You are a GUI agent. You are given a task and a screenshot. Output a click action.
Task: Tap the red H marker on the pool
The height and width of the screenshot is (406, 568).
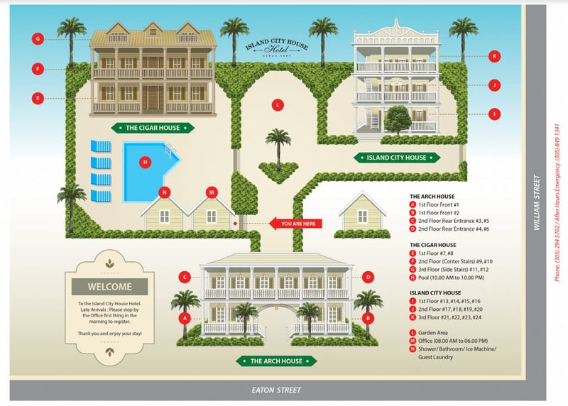[146, 162]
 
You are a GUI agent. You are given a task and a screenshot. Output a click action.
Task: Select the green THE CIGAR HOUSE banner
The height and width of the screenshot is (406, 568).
[153, 128]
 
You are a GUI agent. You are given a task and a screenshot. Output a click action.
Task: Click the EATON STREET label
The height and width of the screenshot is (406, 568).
[278, 390]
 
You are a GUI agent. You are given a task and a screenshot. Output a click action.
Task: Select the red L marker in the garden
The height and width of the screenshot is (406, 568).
[278, 104]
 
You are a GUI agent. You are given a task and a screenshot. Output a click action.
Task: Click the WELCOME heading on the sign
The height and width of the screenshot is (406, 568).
[109, 287]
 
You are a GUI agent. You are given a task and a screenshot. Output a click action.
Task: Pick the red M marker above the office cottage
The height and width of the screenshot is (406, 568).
[211, 192]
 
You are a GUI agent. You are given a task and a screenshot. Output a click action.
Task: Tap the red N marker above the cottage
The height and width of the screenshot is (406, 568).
[165, 192]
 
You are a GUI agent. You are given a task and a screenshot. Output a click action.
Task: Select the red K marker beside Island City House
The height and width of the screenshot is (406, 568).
[495, 55]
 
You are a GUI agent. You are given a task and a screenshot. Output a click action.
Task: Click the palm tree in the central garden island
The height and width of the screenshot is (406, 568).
[278, 145]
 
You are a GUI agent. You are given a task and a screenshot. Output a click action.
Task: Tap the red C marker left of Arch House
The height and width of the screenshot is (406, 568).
[185, 277]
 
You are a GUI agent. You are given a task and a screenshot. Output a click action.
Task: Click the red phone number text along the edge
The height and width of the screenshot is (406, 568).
[558, 206]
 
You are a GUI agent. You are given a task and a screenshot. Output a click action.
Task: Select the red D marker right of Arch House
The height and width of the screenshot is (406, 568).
[368, 277]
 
